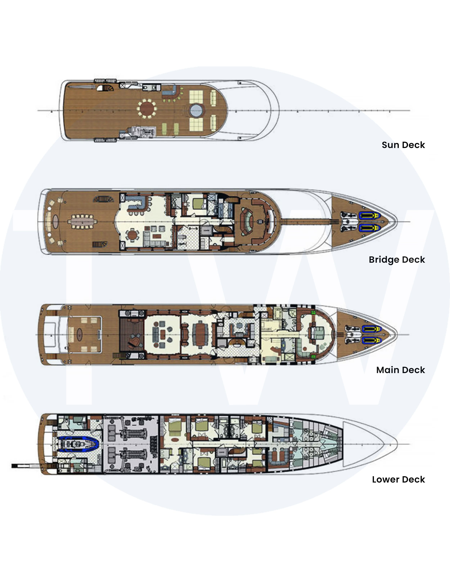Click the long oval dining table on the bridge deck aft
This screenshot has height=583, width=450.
click(82, 222)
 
